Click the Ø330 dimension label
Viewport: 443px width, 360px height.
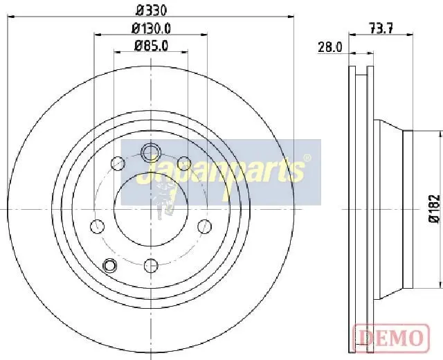point(151,11)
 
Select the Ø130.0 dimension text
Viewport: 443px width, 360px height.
point(151,28)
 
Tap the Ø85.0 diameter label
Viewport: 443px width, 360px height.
point(151,46)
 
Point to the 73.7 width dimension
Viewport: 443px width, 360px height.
point(381,28)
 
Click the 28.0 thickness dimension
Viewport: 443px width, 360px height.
point(330,47)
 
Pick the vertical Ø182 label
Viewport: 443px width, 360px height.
point(435,208)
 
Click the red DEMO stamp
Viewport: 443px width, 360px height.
point(392,337)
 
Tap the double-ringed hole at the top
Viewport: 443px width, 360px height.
point(151,152)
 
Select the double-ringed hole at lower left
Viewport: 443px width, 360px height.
point(109,265)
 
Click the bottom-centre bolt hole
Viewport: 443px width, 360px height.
point(151,266)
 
